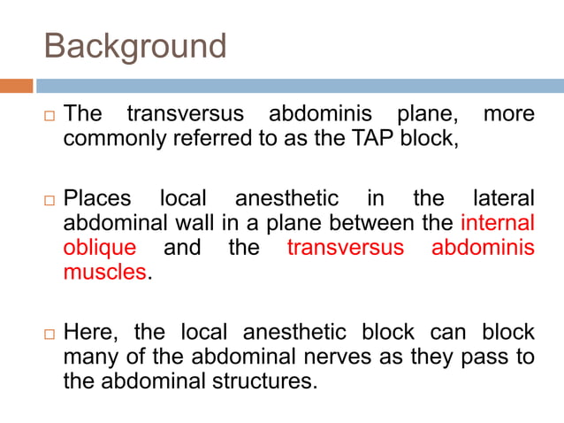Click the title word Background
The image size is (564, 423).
click(x=135, y=46)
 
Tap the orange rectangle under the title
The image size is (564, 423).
click(x=16, y=86)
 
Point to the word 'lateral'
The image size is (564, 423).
click(x=504, y=197)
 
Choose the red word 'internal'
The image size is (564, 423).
click(x=499, y=222)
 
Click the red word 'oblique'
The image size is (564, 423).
click(x=99, y=247)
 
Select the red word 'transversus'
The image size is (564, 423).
click(x=345, y=247)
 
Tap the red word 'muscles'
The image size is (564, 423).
click(x=104, y=272)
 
